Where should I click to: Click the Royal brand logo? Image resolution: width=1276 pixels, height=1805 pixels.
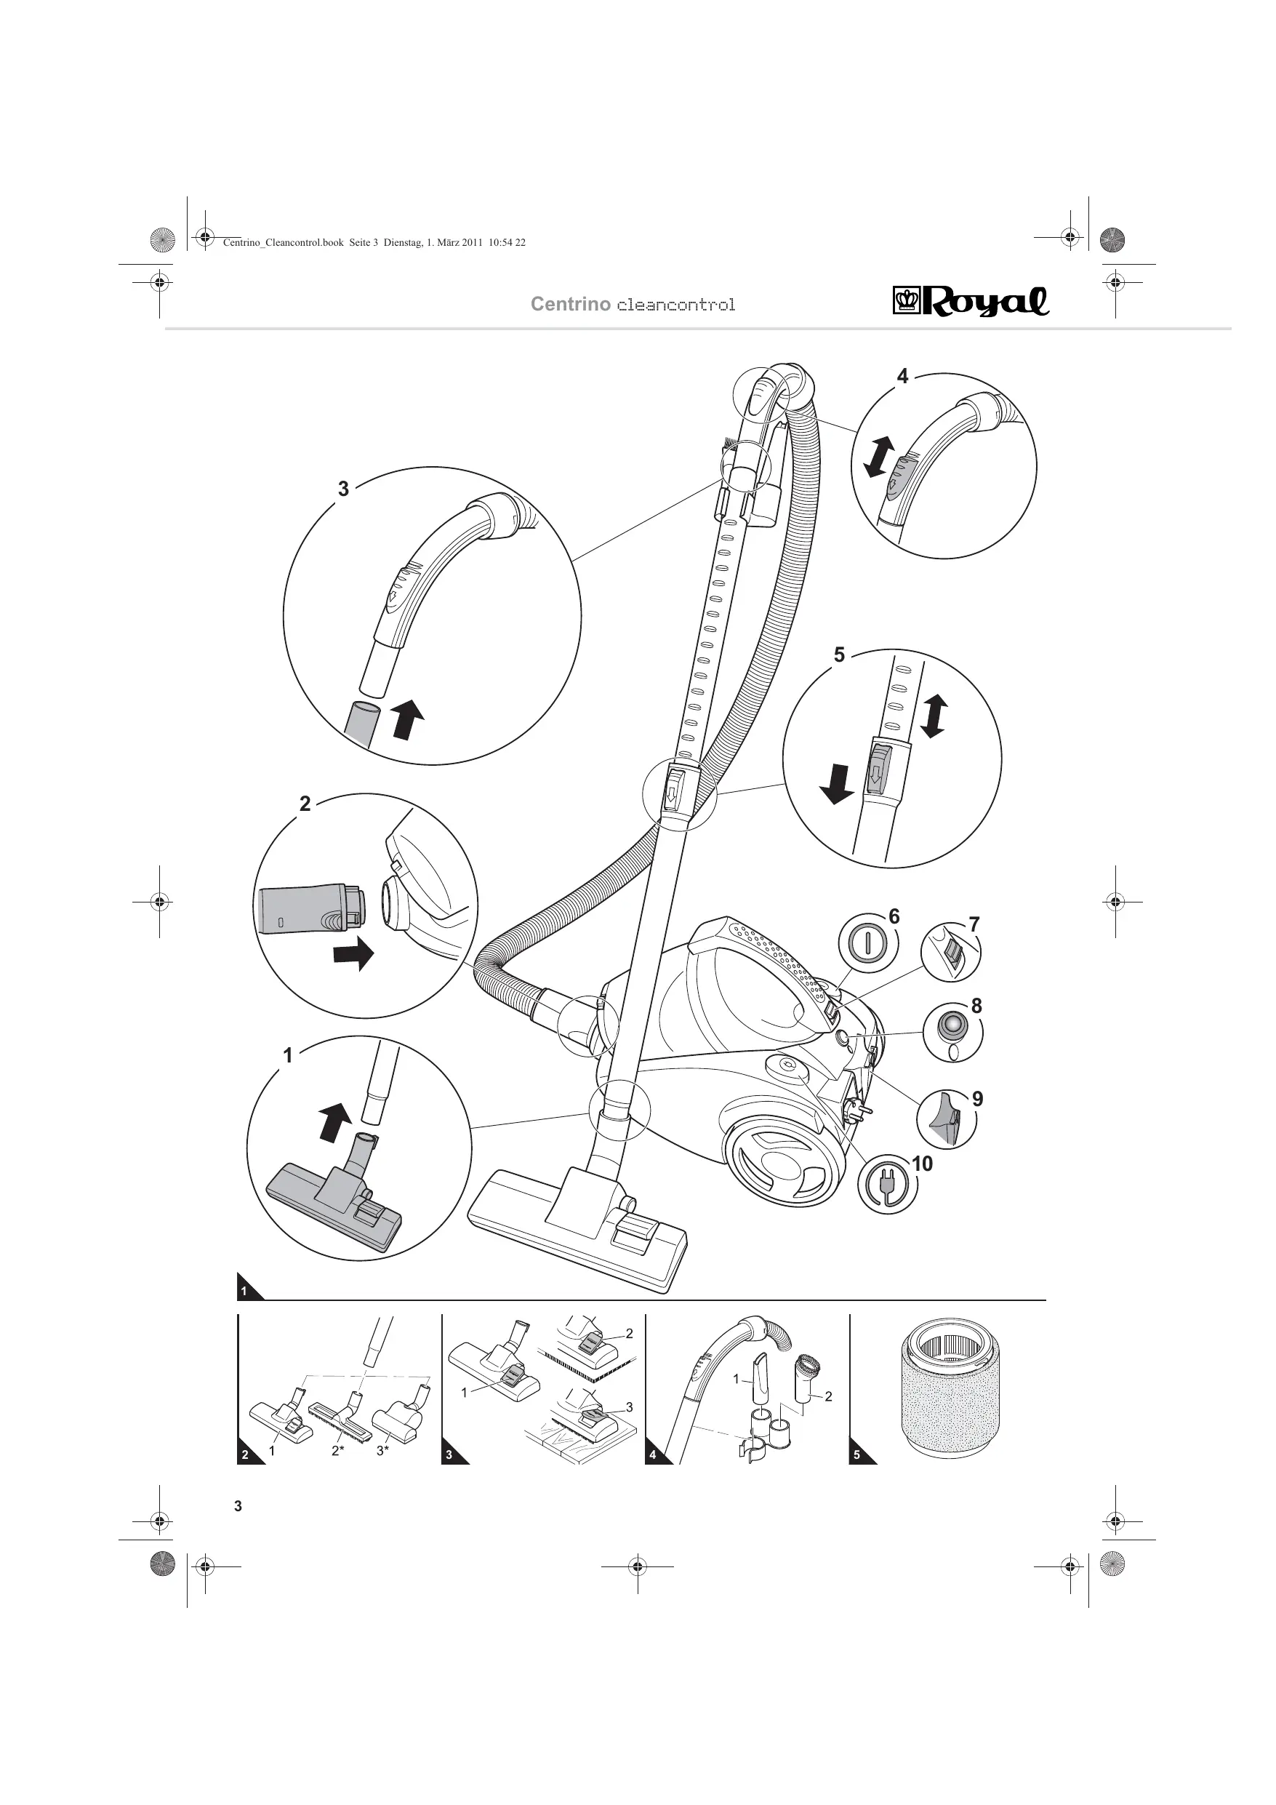970,301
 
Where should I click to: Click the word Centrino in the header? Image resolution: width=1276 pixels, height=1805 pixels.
570,304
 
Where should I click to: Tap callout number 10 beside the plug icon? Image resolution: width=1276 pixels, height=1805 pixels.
921,1164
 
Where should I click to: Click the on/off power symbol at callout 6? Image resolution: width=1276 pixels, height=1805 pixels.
867,942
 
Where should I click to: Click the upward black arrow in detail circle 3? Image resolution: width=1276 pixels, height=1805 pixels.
407,719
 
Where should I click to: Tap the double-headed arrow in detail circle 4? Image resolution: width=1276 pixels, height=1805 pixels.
878,457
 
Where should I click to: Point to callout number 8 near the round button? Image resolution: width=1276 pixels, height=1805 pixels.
976,1006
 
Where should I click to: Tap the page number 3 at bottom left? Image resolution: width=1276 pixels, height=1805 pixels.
238,1506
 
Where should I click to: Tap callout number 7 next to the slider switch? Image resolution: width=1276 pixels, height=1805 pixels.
974,924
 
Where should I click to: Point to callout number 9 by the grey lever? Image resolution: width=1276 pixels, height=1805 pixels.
977,1098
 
